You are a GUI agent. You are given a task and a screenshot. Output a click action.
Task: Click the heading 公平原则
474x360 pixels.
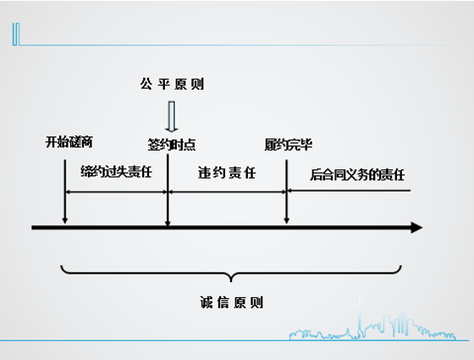pos(172,84)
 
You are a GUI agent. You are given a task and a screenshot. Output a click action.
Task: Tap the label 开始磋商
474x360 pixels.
pos(69,142)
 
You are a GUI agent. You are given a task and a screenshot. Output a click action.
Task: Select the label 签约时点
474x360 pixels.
pos(171,145)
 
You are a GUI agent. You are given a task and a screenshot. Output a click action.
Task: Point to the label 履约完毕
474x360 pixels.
pos(289,145)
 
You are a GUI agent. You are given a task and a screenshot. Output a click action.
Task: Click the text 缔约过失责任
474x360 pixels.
pos(116,172)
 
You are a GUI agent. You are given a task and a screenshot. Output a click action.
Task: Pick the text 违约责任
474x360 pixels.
pos(227,173)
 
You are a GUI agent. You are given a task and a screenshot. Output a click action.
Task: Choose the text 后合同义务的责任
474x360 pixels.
pos(357,174)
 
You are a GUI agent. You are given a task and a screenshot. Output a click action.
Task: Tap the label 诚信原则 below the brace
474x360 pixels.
pos(232,302)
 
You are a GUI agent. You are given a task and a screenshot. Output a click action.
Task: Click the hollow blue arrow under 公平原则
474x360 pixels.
pos(171,117)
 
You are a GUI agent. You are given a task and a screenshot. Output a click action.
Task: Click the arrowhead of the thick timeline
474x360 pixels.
pos(416,228)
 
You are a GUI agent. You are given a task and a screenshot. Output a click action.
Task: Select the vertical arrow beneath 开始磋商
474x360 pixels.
pos(64,191)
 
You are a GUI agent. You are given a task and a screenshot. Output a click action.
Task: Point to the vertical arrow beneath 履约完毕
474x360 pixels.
pos(287,191)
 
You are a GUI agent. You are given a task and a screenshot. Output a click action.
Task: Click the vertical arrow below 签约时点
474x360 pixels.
pos(168,191)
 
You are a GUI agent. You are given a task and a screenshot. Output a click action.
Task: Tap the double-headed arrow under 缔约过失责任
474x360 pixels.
pos(117,191)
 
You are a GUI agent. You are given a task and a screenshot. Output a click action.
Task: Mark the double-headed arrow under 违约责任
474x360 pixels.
pos(228,191)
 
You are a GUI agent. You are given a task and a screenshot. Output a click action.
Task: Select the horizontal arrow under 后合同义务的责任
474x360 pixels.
pos(349,191)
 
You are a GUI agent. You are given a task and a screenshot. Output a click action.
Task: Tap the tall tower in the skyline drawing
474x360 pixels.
pos(360,318)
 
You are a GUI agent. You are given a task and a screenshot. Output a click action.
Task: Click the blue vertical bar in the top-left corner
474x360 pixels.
pos(16,34)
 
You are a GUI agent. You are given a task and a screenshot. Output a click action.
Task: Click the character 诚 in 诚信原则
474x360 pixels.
pos(207,302)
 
